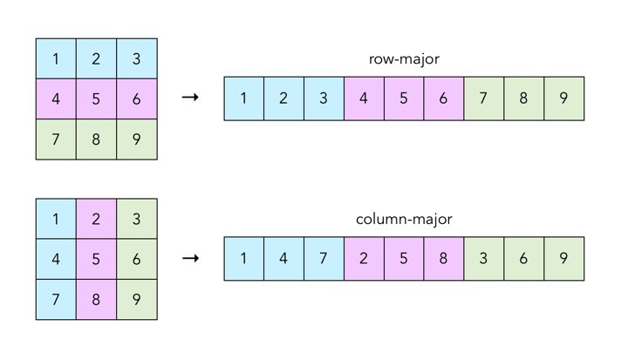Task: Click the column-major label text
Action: (x=403, y=221)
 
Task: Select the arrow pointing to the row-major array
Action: (x=189, y=98)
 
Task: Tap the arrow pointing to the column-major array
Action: (x=189, y=259)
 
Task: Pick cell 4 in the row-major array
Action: (x=364, y=98)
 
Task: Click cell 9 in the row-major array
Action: (x=563, y=98)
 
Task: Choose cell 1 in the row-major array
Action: (x=243, y=98)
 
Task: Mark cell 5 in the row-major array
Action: (x=403, y=98)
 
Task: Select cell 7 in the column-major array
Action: (x=324, y=259)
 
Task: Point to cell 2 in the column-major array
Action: (x=364, y=259)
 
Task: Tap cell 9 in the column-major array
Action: (x=563, y=259)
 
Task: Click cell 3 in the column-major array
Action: (x=483, y=259)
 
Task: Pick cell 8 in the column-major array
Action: (x=444, y=259)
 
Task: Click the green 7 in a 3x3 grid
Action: (x=56, y=139)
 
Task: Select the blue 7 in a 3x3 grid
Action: (x=56, y=299)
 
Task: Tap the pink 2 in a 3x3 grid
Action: (x=96, y=219)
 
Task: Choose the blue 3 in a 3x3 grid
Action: (x=136, y=58)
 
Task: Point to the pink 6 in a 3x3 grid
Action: (x=136, y=98)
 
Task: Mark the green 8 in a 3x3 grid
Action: (x=96, y=139)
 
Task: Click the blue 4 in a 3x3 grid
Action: (x=56, y=259)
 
